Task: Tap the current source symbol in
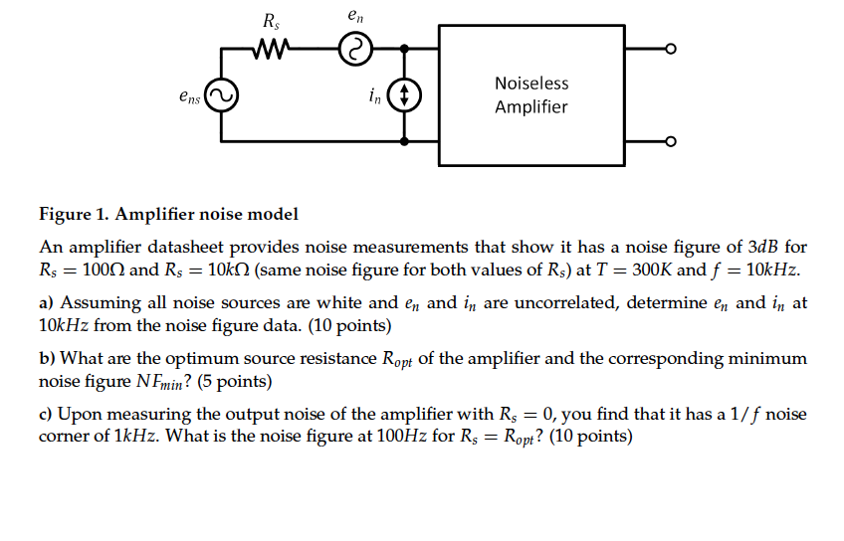pos(404,96)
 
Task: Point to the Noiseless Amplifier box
pos(531,95)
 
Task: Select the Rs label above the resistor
pos(271,20)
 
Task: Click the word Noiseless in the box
pos(531,84)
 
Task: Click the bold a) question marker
pos(47,302)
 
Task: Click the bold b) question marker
pos(47,358)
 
